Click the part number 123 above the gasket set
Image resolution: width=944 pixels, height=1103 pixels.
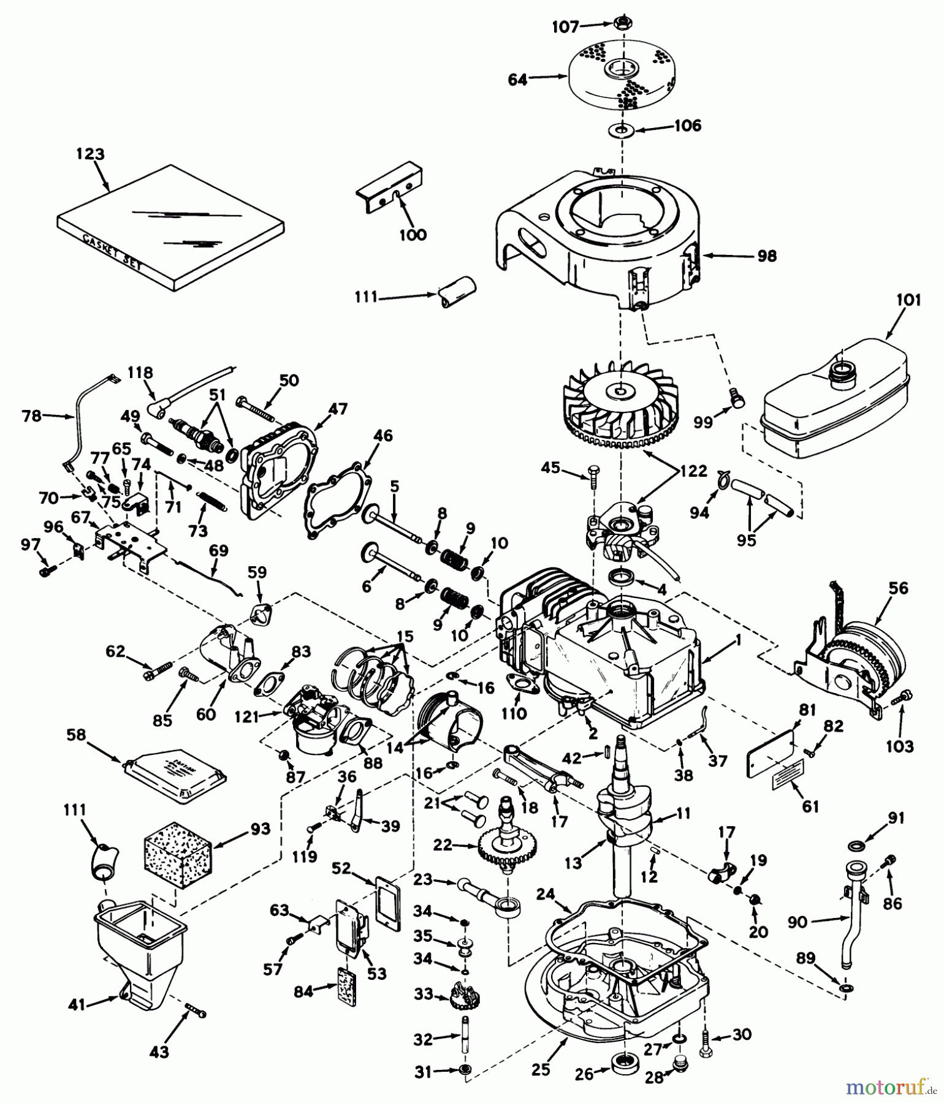(90, 154)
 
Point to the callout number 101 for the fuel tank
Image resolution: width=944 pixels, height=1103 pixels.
(908, 301)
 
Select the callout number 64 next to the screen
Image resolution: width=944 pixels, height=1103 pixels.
(518, 80)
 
